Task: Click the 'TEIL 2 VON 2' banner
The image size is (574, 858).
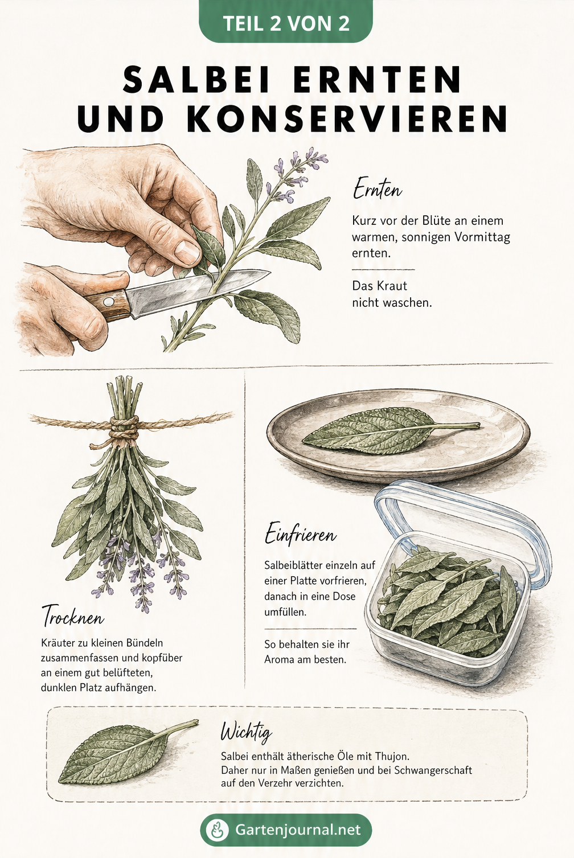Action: [x=286, y=22]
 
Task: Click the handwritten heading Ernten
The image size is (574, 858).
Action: [x=378, y=189]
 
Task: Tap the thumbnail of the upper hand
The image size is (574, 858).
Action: [x=187, y=251]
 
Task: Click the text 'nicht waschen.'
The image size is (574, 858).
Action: [x=392, y=302]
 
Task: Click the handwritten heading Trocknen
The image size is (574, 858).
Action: [x=73, y=616]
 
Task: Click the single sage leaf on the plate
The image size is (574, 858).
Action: [x=390, y=430]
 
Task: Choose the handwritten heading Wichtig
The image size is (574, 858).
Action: [x=246, y=732]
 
